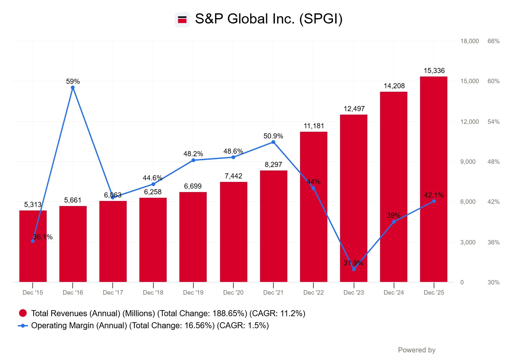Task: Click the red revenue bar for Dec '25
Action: point(433,178)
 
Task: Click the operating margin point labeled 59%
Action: point(73,88)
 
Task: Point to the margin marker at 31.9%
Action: point(354,269)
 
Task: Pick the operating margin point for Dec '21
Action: point(273,142)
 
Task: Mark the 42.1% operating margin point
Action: point(434,201)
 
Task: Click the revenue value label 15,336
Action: point(434,71)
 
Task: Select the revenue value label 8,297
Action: point(273,164)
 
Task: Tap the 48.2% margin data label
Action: point(193,154)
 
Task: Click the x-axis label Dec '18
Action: point(153,292)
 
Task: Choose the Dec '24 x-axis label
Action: point(394,292)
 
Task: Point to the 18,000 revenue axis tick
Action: point(470,41)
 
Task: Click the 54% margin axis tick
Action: point(493,122)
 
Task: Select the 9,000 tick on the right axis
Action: point(468,162)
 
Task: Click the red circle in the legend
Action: point(23,313)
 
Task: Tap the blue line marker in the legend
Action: point(23,326)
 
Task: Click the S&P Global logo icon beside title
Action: point(182,20)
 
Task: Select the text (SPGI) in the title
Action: point(321,19)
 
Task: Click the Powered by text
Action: point(417,350)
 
